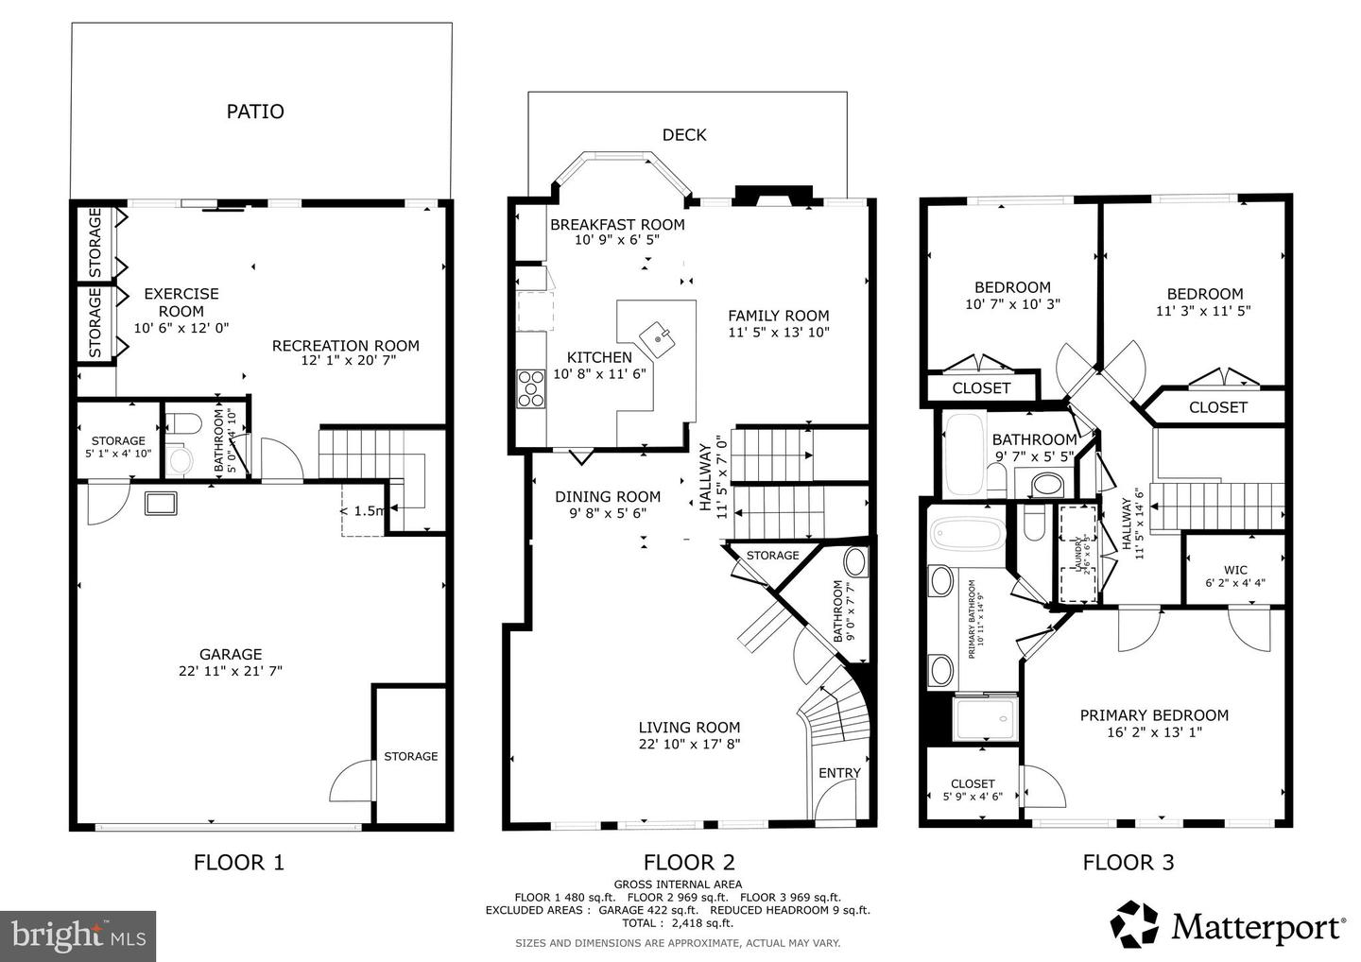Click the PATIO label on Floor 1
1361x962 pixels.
(x=255, y=112)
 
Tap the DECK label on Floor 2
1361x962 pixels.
(x=683, y=135)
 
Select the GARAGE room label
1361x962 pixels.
(x=231, y=654)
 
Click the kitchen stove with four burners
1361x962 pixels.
(x=531, y=388)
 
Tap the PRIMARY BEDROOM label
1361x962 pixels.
(x=1154, y=715)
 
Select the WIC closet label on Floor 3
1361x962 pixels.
(x=1235, y=570)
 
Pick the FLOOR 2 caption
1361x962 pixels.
(x=689, y=862)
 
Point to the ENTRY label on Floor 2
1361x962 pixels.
(x=839, y=773)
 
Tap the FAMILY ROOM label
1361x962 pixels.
(x=778, y=316)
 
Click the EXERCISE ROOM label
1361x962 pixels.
(x=181, y=302)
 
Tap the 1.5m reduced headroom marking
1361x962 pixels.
(x=363, y=511)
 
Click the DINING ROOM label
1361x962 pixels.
(x=608, y=497)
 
